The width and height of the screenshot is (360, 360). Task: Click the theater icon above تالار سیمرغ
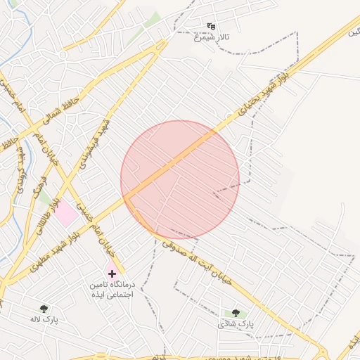point(211,27)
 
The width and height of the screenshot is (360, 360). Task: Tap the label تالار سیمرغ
point(212,36)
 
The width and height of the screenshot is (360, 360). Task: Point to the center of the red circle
point(180,180)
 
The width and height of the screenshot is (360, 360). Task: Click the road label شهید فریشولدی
point(103,137)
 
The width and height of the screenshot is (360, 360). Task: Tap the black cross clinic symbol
point(112,273)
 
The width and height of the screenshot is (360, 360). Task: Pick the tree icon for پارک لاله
point(44,309)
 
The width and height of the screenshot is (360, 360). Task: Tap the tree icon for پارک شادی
point(236,313)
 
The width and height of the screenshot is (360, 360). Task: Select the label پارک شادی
point(235,323)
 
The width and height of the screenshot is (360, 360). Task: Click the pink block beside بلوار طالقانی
point(65,213)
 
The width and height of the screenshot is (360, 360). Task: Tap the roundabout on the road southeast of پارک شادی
point(323,352)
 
